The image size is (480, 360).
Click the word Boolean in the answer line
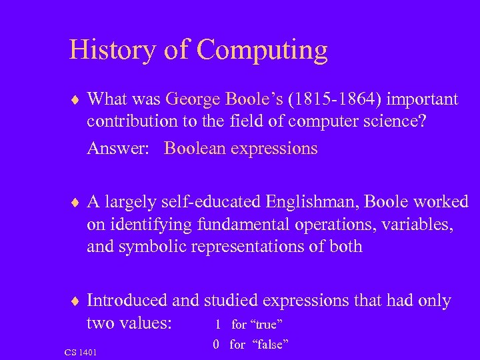(x=195, y=148)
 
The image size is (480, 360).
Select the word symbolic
(x=155, y=246)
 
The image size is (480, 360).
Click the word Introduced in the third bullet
(x=127, y=301)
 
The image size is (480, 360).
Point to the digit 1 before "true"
(x=217, y=325)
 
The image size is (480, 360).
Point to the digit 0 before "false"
(x=217, y=345)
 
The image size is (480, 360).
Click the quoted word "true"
(x=266, y=325)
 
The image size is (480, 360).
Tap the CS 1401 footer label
(x=81, y=351)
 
